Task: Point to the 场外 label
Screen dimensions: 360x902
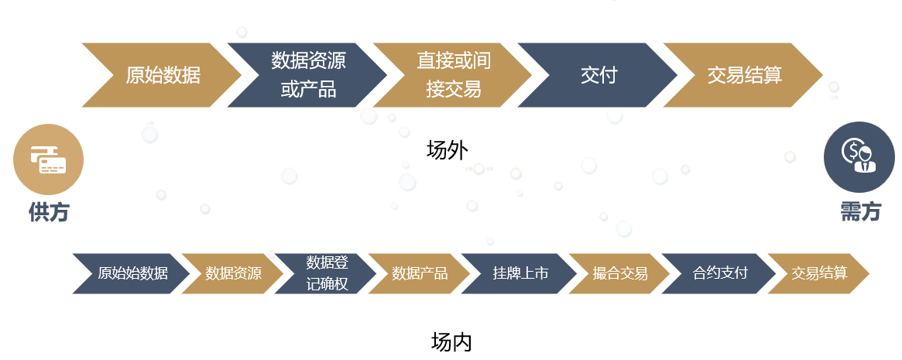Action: click(447, 149)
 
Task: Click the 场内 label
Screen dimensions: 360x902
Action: click(451, 341)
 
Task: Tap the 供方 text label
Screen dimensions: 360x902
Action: click(49, 212)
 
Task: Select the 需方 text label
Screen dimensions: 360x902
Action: click(860, 211)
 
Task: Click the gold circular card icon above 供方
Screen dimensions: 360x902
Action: click(49, 159)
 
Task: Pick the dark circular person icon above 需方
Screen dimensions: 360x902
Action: click(859, 157)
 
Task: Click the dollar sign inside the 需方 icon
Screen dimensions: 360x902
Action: click(852, 151)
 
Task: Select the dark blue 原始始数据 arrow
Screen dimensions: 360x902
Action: click(132, 273)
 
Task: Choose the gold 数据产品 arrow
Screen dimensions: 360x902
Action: click(420, 273)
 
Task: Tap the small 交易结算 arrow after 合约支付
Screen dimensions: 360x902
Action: click(818, 273)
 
